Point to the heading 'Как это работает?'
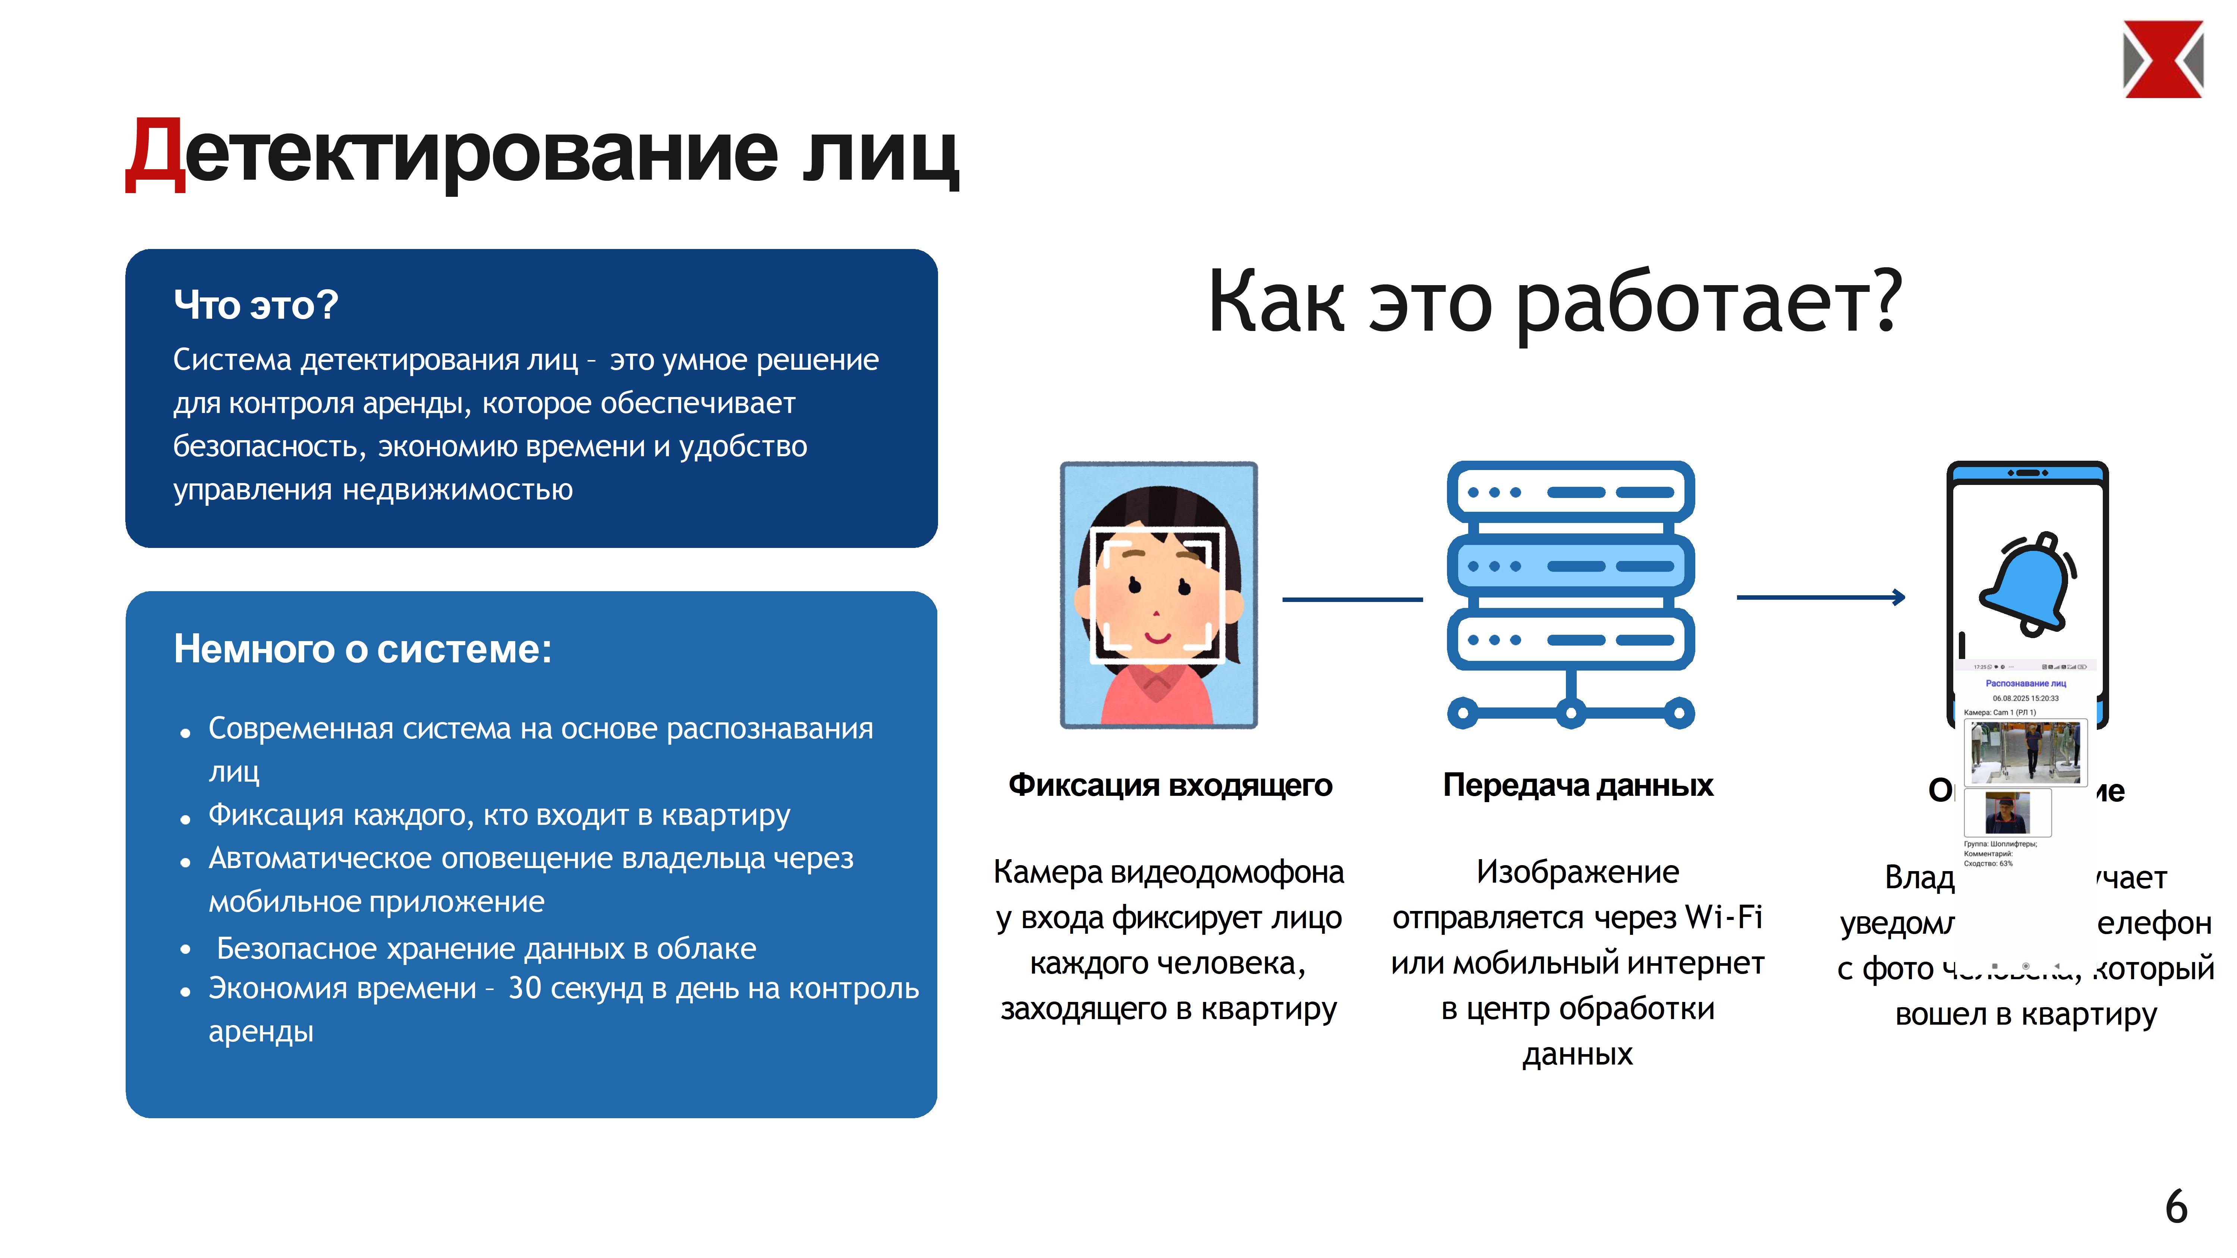point(1554,301)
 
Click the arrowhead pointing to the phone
point(1899,597)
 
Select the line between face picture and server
point(1352,599)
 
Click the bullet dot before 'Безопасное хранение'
point(185,950)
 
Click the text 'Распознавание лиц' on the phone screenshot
point(2025,683)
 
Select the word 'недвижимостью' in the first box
point(457,490)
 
